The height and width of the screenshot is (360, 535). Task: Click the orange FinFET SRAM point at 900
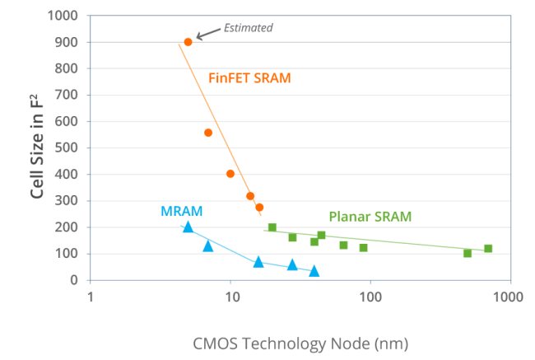(x=188, y=42)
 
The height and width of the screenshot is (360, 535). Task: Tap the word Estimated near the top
(x=249, y=28)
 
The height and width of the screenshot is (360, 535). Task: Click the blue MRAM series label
(x=181, y=211)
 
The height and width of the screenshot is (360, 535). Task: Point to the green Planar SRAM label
(x=370, y=217)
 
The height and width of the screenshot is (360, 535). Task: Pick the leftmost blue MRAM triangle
(x=188, y=227)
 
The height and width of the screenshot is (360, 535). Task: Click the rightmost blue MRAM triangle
(x=314, y=271)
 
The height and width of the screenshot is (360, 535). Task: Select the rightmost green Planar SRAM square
(x=488, y=248)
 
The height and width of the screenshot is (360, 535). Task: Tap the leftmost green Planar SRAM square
(x=272, y=227)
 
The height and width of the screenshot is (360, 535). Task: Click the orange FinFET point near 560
(x=208, y=133)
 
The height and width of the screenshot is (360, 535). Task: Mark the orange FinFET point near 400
(x=230, y=174)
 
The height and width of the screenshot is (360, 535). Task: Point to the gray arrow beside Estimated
(x=207, y=33)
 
